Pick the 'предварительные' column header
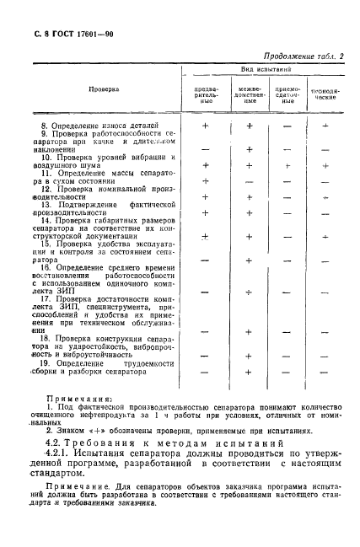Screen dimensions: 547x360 (207, 92)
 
